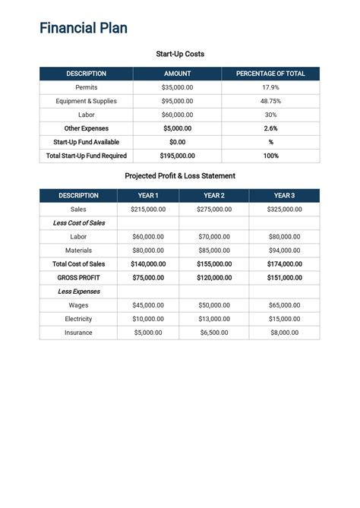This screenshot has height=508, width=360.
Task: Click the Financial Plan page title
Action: tap(84, 29)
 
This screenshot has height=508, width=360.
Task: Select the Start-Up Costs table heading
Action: tap(180, 54)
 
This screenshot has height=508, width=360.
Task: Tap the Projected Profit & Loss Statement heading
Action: tap(180, 175)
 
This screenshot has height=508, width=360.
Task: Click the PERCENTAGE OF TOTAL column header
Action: tap(270, 74)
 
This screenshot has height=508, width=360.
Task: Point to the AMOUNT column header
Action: tap(178, 74)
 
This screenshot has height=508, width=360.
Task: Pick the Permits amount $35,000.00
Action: tap(178, 87)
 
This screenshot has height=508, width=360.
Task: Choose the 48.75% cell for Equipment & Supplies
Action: tap(270, 101)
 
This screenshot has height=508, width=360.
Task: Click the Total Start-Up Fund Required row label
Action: tap(87, 156)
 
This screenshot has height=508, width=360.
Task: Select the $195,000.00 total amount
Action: tap(178, 156)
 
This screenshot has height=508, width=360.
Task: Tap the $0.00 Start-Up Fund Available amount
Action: tap(178, 142)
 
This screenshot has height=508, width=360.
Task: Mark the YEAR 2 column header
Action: tap(214, 195)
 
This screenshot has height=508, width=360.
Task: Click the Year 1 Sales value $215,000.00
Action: tap(148, 209)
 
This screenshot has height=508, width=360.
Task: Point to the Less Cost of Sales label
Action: tap(79, 222)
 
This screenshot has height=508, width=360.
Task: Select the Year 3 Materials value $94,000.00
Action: tap(284, 250)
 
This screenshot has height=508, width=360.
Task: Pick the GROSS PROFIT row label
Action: tap(79, 277)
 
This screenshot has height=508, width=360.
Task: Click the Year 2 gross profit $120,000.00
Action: tap(214, 277)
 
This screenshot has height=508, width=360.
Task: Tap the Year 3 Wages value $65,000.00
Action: tap(284, 304)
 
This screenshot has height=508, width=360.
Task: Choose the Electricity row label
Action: tap(79, 318)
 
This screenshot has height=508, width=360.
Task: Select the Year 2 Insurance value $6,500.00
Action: tap(214, 332)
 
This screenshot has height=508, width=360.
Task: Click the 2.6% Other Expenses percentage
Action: tap(270, 128)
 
